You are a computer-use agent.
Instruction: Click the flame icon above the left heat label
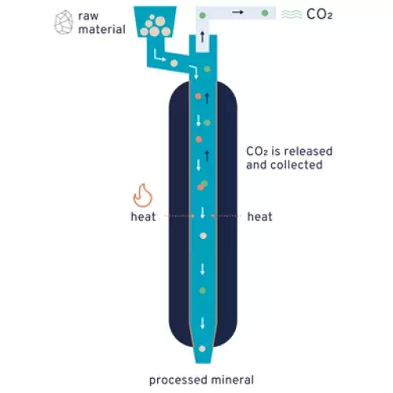(143, 196)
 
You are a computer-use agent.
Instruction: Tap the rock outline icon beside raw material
(64, 22)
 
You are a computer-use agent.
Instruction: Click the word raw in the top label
(88, 17)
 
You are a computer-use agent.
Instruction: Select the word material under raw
(102, 29)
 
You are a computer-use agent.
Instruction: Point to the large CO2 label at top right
(319, 14)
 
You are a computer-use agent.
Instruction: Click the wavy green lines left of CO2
(292, 14)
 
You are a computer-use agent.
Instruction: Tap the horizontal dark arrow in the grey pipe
(237, 12)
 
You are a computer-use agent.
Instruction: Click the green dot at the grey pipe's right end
(265, 13)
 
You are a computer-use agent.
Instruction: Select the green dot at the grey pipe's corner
(202, 15)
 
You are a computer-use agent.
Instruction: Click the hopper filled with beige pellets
(155, 22)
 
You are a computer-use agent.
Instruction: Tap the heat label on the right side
(259, 217)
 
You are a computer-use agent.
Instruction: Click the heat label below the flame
(143, 217)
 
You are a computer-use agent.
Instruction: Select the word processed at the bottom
(178, 380)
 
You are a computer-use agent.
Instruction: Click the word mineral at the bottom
(232, 380)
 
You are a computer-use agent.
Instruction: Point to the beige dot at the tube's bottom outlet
(202, 349)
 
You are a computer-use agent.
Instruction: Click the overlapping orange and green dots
(202, 185)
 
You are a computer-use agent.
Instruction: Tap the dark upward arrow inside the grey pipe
(202, 37)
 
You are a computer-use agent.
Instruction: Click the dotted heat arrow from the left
(180, 216)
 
